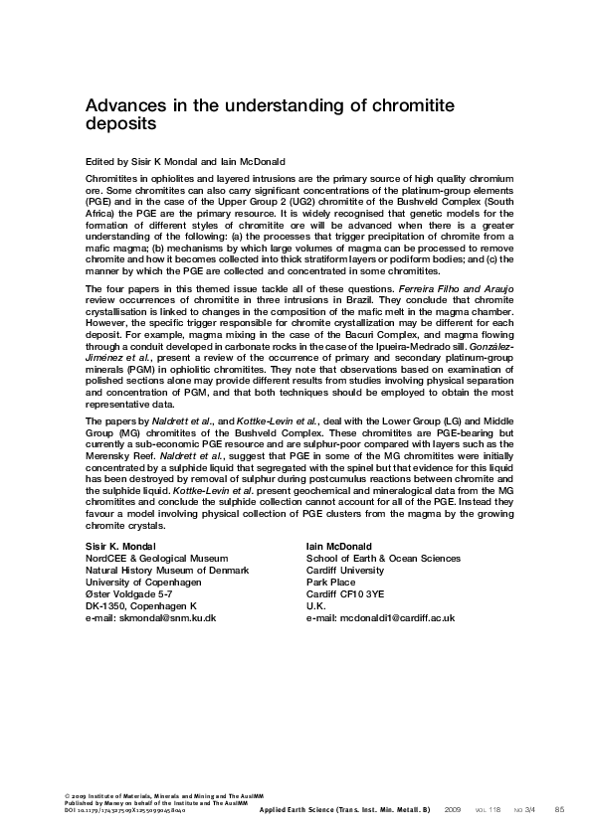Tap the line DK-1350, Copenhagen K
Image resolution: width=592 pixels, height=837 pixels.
click(x=141, y=605)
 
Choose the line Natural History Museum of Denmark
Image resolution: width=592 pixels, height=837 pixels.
click(x=167, y=570)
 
